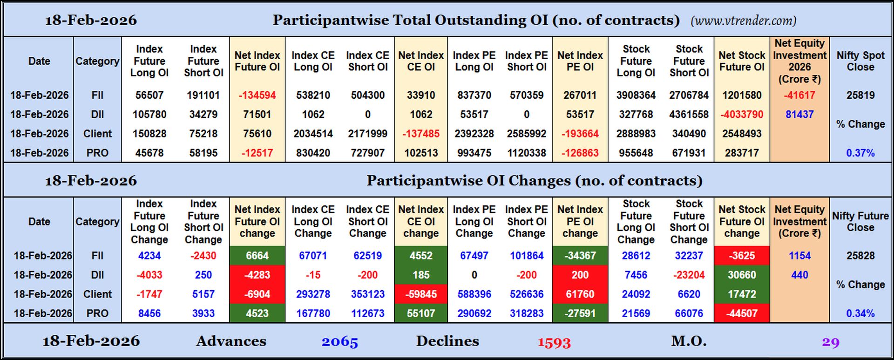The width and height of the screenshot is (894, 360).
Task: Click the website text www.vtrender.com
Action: click(x=743, y=20)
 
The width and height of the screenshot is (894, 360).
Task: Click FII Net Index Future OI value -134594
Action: click(x=257, y=95)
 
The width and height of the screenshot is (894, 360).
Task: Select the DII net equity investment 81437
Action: click(x=799, y=114)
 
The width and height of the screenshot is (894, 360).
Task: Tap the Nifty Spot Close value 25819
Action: click(x=860, y=95)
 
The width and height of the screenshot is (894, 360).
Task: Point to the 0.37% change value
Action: click(x=860, y=153)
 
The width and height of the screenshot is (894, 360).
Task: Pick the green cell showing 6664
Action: click(x=257, y=256)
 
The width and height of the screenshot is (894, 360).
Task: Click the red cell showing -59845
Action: click(x=420, y=294)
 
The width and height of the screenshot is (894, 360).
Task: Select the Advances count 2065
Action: click(x=339, y=341)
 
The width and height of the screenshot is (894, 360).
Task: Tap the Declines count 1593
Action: click(x=554, y=342)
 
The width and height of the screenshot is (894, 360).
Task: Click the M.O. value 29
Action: click(x=830, y=342)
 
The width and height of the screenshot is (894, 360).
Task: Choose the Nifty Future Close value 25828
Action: click(x=860, y=256)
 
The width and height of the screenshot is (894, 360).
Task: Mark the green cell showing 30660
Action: click(x=741, y=275)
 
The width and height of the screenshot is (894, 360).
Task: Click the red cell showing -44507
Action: click(x=741, y=313)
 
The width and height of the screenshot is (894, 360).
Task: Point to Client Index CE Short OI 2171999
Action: click(x=367, y=134)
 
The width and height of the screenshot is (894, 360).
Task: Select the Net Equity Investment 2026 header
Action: click(x=799, y=61)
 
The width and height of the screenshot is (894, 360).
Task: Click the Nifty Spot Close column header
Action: click(x=860, y=61)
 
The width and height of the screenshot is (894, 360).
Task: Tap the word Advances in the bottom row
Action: click(x=231, y=341)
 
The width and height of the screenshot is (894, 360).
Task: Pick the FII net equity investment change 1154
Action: click(x=799, y=256)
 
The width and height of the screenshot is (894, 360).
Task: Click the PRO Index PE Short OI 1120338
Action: click(x=526, y=153)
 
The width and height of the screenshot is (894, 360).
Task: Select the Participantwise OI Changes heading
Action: click(x=534, y=181)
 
